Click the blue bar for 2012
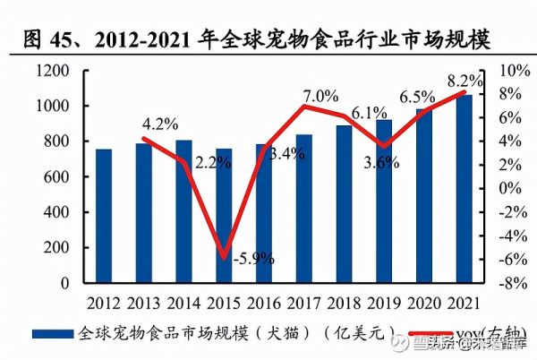pyautogui.click(x=103, y=216)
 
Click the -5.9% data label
pyautogui.click(x=254, y=258)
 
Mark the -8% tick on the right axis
pyautogui.click(x=505, y=283)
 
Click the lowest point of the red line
pyautogui.click(x=224, y=258)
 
